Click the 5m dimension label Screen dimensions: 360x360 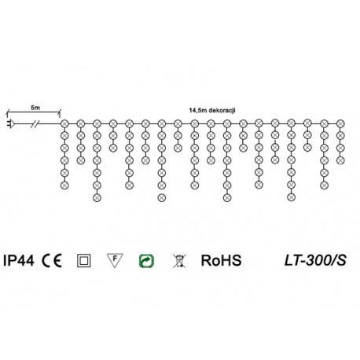[x=35, y=108]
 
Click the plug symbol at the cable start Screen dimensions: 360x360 [x=10, y=123]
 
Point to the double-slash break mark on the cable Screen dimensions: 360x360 [x=35, y=123]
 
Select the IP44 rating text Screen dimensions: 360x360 [x=19, y=261]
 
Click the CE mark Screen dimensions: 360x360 [x=52, y=261]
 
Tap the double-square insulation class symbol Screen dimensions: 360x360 [x=84, y=261]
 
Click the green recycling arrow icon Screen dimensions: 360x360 [x=146, y=261]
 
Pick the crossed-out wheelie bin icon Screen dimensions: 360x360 [x=179, y=261]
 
